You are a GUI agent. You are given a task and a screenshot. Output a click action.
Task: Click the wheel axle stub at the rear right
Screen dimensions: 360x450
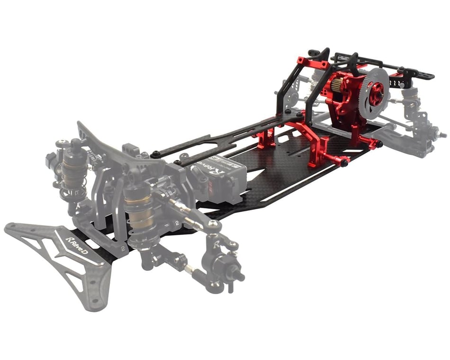(441, 135)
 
